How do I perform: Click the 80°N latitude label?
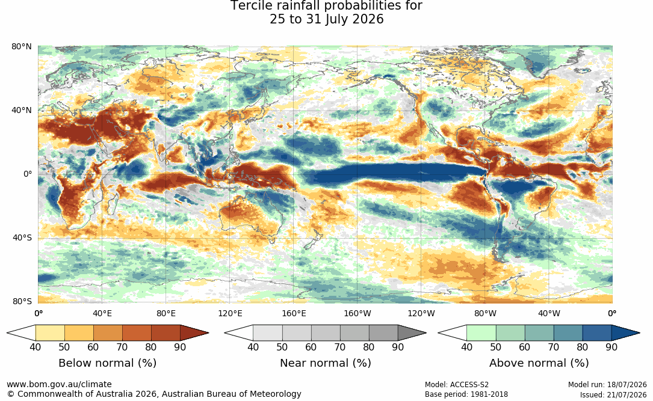(x=22, y=46)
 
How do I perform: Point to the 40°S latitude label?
(x=22, y=238)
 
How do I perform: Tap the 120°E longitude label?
(x=230, y=313)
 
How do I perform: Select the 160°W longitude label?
(x=357, y=313)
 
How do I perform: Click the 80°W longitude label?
(x=485, y=313)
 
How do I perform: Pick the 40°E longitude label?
(x=102, y=313)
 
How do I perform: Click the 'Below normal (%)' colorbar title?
(x=108, y=363)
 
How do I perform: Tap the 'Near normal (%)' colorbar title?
(x=325, y=363)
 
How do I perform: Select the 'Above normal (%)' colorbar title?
(x=539, y=363)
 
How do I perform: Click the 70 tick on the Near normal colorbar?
(x=340, y=347)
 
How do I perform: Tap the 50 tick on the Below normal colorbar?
(x=64, y=347)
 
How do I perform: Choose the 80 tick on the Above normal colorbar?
(x=582, y=347)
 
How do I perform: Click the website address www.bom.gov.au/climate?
(x=59, y=384)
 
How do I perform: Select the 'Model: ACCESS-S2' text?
(x=457, y=385)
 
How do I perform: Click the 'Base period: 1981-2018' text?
(x=466, y=394)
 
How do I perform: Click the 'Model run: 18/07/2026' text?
(x=608, y=385)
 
